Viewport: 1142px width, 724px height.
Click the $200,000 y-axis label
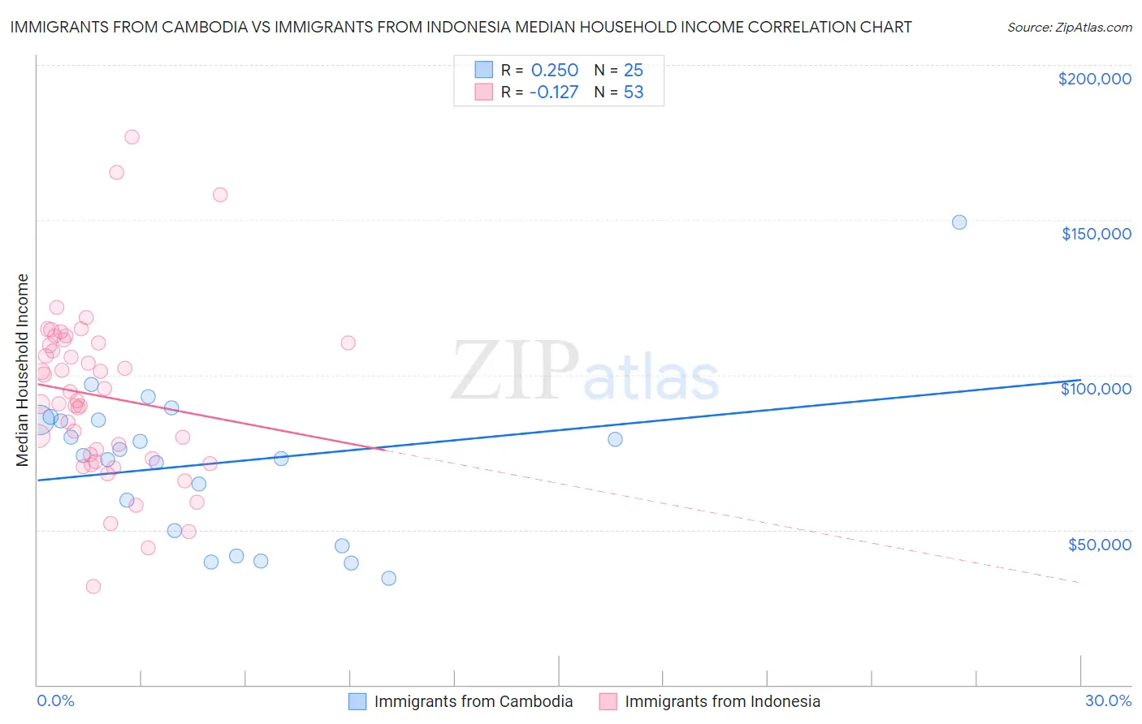[1094, 79]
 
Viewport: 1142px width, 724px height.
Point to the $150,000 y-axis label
[1096, 234]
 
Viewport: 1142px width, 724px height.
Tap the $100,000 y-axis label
[1096, 389]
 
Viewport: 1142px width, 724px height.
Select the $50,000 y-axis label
[1099, 544]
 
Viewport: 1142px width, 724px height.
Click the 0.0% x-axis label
[55, 700]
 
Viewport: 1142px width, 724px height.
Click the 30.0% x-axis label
[1108, 700]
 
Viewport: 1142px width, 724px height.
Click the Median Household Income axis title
[22, 369]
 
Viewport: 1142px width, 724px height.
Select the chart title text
[461, 27]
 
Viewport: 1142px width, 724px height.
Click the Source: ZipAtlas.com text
[1069, 27]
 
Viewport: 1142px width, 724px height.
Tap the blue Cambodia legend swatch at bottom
[357, 701]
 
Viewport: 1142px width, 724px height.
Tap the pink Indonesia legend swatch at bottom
[608, 701]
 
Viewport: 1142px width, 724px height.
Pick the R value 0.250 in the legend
[554, 71]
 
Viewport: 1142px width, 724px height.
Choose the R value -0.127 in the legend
[553, 93]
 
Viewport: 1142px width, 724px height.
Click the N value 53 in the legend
[634, 93]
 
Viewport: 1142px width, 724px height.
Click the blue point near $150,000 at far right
[959, 222]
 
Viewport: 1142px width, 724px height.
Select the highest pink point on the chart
[132, 137]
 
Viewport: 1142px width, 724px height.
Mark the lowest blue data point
[389, 579]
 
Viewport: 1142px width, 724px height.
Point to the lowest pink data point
[93, 586]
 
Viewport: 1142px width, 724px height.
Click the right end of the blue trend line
[1079, 380]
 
